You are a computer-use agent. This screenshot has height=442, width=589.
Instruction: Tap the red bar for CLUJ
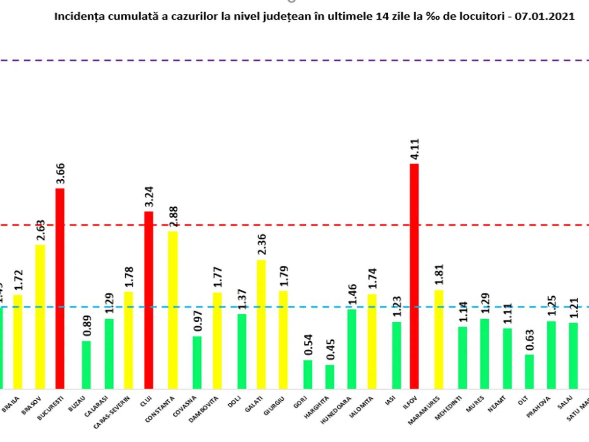[x=148, y=300]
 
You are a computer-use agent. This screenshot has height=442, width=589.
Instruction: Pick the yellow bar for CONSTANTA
[x=173, y=310]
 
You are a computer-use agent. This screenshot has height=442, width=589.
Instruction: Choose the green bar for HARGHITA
[x=330, y=377]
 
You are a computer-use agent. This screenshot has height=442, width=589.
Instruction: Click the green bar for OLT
[x=529, y=372]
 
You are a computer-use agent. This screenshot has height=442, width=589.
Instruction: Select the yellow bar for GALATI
[x=261, y=324]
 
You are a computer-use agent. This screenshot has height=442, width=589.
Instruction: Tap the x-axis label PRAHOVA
[x=545, y=404]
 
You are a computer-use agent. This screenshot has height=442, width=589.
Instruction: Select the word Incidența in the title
[x=74, y=17]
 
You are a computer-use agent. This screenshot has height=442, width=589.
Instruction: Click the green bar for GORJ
[x=308, y=374]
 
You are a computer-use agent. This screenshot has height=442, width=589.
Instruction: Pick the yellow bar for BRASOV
[x=40, y=317]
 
